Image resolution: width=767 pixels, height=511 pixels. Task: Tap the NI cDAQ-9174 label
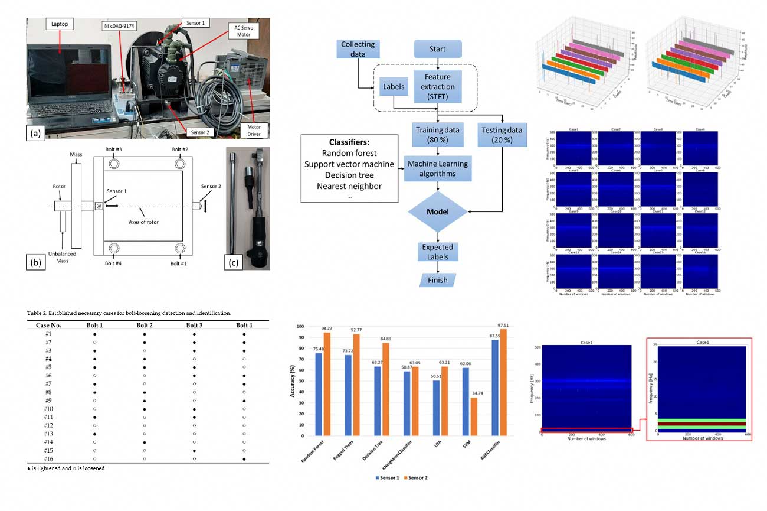122,25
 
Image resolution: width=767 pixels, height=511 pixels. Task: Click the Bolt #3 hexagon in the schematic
114,163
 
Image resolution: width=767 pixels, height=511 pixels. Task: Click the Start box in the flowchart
438,49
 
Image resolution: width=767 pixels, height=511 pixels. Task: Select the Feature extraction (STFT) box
438,86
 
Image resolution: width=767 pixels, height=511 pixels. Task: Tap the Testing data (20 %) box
501,136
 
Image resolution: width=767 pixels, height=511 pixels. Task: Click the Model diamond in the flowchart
438,211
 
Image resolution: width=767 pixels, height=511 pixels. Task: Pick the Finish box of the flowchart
438,280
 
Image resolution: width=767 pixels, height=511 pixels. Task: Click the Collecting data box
358,49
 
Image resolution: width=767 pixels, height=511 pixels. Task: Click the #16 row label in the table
48,458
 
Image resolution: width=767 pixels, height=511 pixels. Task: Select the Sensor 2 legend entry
413,477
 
